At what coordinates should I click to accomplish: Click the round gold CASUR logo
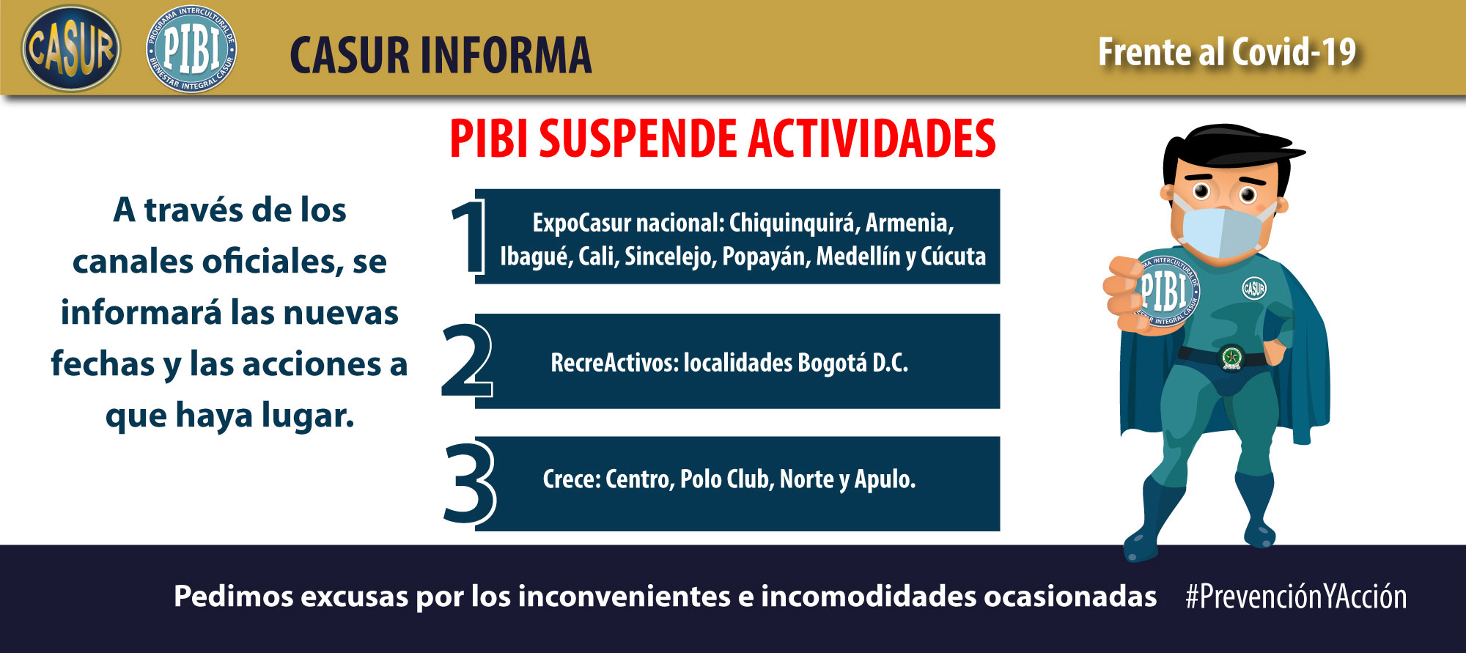(x=71, y=49)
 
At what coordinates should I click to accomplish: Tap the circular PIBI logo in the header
(x=191, y=49)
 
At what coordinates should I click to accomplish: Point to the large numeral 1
(x=468, y=238)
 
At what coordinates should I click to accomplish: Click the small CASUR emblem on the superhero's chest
(x=1254, y=288)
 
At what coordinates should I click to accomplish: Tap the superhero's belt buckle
(x=1231, y=358)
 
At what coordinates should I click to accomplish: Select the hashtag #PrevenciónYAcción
(x=1296, y=597)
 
